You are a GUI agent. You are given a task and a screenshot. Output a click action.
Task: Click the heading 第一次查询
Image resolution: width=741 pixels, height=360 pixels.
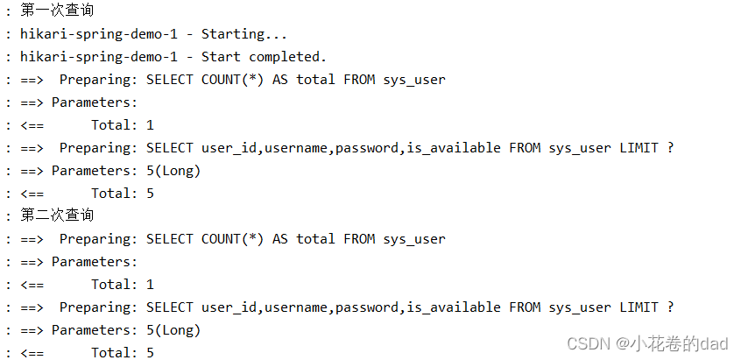pyautogui.click(x=57, y=11)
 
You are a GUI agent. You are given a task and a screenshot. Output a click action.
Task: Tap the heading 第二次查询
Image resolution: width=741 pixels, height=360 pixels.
pyautogui.click(x=57, y=215)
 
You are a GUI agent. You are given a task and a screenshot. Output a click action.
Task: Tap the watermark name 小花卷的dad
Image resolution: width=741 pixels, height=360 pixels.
pyautogui.click(x=671, y=343)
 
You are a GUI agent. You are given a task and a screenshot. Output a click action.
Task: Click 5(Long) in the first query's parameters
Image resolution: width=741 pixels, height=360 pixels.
pyautogui.click(x=170, y=171)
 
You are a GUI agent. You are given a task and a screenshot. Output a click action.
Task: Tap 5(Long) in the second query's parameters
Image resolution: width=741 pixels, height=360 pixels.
pyautogui.click(x=170, y=330)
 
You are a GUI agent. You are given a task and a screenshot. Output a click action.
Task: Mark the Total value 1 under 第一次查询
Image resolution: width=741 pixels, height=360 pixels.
pyautogui.click(x=150, y=125)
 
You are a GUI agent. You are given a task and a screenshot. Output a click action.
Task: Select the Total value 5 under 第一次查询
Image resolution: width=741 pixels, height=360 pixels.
pyautogui.click(x=150, y=194)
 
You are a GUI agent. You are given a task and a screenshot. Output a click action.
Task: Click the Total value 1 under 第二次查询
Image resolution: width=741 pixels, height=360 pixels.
pyautogui.click(x=150, y=285)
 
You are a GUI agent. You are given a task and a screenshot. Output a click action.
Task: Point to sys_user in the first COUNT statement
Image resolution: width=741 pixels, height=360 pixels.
pyautogui.click(x=414, y=80)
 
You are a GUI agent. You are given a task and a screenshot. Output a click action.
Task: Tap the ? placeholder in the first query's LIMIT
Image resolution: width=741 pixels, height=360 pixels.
pyautogui.click(x=670, y=148)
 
